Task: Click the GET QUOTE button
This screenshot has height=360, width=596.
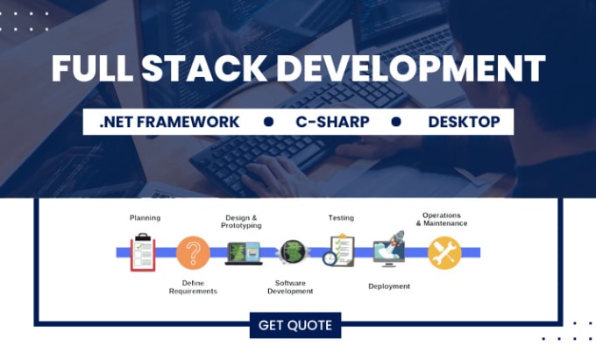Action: (x=295, y=325)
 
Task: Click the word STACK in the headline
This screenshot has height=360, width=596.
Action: (x=204, y=68)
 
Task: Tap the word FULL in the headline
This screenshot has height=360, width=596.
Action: (x=92, y=68)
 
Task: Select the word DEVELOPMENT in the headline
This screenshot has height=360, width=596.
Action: (x=411, y=68)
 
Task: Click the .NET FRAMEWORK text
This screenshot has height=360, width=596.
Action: (x=169, y=122)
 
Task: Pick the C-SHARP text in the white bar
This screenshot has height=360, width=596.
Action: (x=332, y=122)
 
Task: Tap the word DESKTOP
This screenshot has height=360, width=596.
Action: (x=465, y=122)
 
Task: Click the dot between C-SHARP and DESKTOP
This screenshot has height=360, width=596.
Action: (x=396, y=122)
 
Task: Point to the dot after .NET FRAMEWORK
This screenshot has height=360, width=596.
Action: (x=269, y=122)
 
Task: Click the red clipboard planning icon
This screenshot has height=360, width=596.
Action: (x=143, y=252)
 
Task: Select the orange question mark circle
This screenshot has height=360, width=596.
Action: (x=193, y=252)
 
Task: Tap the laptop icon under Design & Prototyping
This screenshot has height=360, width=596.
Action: (x=244, y=253)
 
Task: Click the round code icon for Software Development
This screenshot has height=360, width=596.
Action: (x=293, y=252)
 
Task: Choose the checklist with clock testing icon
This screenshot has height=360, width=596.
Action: (x=338, y=251)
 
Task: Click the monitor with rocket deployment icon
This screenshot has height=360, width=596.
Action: (x=389, y=249)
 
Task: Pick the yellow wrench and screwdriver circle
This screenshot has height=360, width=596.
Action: (x=444, y=253)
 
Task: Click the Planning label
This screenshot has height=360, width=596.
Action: (x=145, y=218)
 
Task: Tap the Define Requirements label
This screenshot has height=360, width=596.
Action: (x=193, y=287)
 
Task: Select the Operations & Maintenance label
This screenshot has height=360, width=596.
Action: (x=442, y=220)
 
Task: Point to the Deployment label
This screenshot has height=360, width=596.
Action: (x=389, y=286)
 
